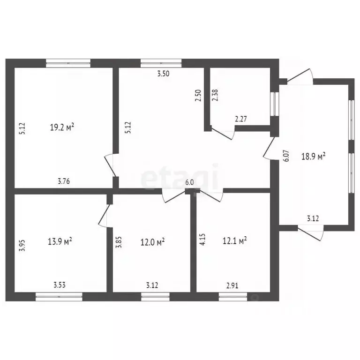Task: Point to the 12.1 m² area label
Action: pos(234,241)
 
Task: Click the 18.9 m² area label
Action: pos(313,156)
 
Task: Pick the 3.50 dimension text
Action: pos(163,74)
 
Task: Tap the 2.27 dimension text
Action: pos(241,119)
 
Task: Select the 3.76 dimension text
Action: pos(64,182)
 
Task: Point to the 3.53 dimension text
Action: pos(60,284)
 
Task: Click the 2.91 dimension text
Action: pos(233,284)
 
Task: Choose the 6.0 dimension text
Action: pos(189,182)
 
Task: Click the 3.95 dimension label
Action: pos(21,246)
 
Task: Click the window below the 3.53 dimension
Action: pos(59,296)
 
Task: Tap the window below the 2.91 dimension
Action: pos(233,296)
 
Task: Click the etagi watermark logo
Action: pos(180,177)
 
